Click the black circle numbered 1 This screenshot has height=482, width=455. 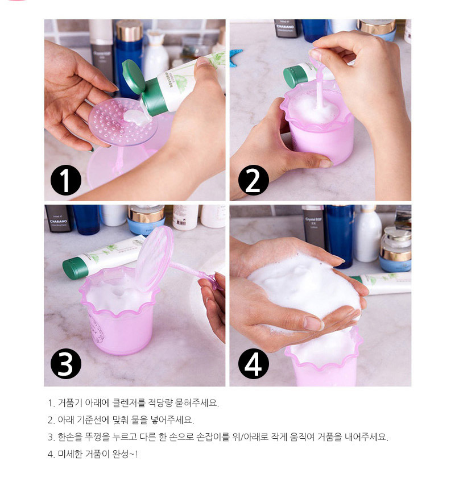pyautogui.click(x=66, y=180)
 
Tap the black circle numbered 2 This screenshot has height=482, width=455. pyautogui.click(x=254, y=180)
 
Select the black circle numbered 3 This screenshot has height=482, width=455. pyautogui.click(x=66, y=364)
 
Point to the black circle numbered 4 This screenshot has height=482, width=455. pyautogui.click(x=254, y=364)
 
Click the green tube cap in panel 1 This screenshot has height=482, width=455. pyautogui.click(x=133, y=77)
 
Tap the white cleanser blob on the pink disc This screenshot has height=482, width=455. pyautogui.click(x=136, y=118)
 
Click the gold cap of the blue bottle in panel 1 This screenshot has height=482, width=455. pyautogui.click(x=129, y=31)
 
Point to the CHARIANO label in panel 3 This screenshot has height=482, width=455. pyautogui.click(x=59, y=221)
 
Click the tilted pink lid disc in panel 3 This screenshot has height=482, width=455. pyautogui.click(x=154, y=258)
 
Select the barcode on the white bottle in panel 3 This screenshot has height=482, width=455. pyautogui.click(x=181, y=222)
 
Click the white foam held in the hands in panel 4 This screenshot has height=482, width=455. pyautogui.click(x=304, y=289)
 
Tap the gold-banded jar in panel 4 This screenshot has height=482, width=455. pyautogui.click(x=396, y=249)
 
